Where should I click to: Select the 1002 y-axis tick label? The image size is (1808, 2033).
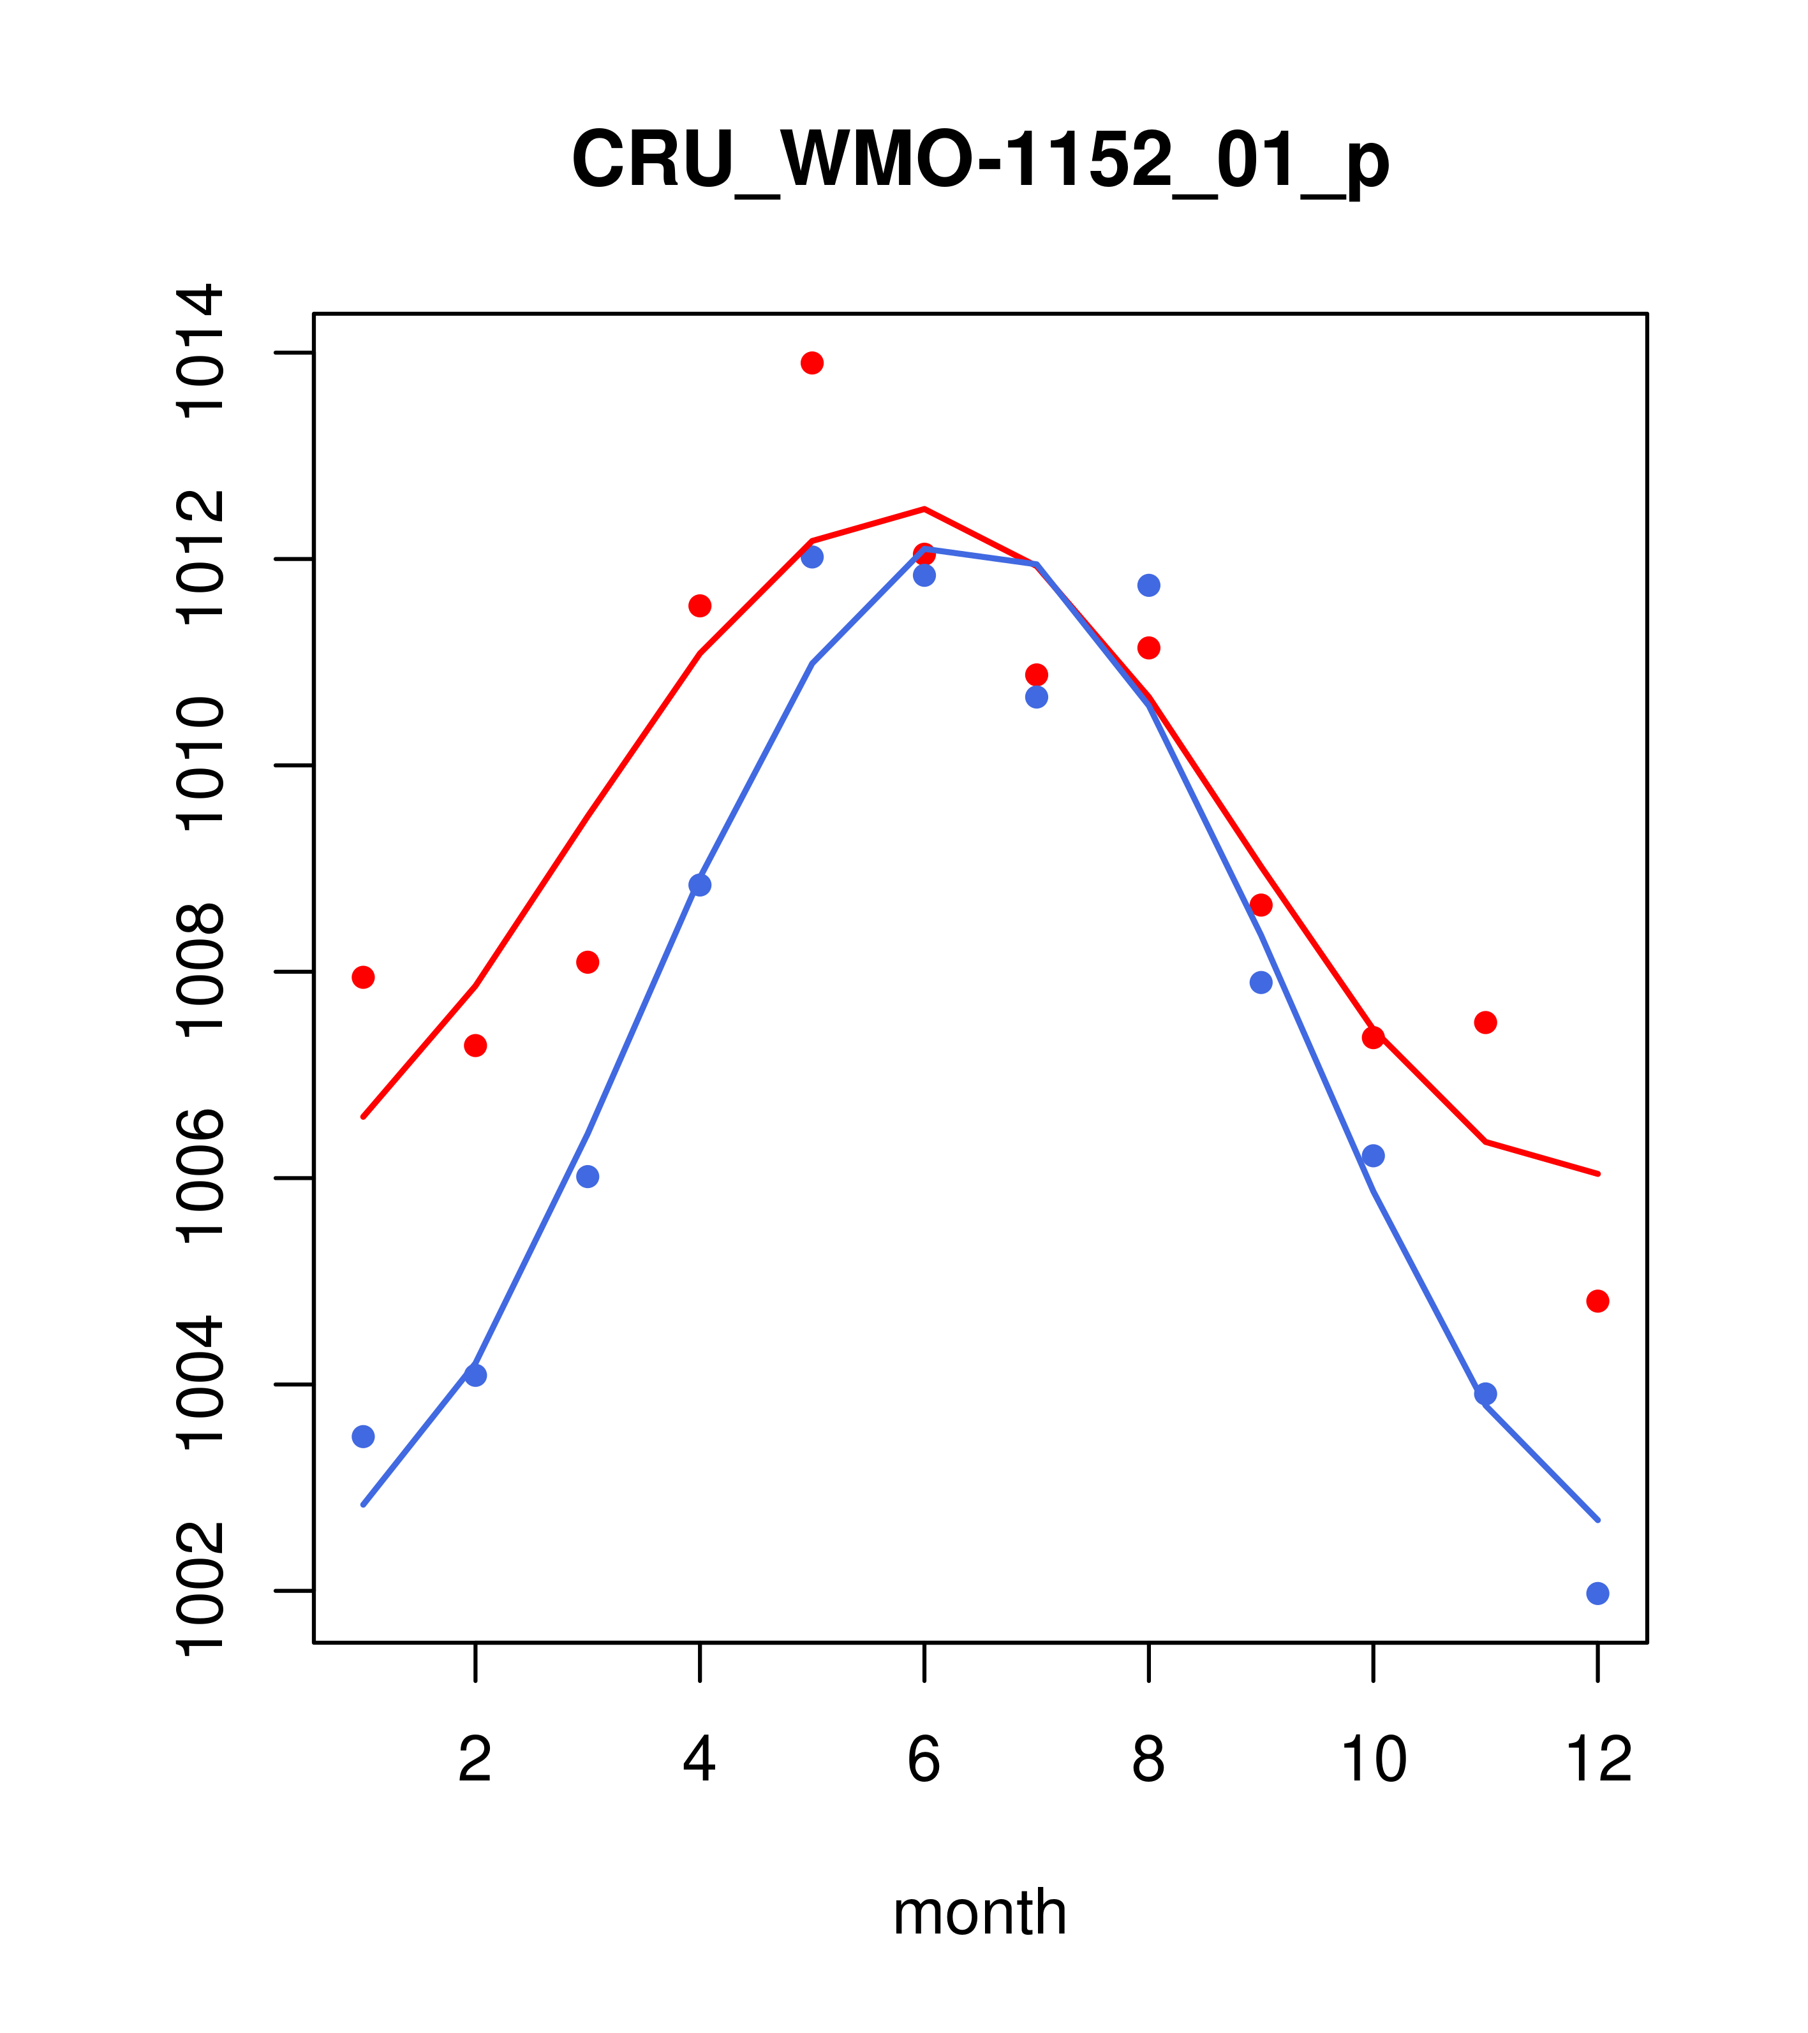[x=199, y=1590]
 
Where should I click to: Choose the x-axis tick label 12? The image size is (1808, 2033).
[x=1597, y=1761]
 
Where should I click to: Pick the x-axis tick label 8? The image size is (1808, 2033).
[x=1148, y=1761]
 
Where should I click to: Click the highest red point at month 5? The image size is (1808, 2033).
[x=812, y=362]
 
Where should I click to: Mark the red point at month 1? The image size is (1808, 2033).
[x=363, y=977]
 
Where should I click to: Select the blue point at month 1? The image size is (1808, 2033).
[x=363, y=1436]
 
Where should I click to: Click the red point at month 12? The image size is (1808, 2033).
[x=1597, y=1301]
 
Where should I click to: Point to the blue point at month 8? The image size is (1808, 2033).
[x=1148, y=585]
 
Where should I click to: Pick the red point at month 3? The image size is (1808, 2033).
[x=587, y=962]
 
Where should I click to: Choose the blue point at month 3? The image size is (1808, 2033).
[x=587, y=1177]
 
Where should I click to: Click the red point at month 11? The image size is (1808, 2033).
[x=1485, y=1022]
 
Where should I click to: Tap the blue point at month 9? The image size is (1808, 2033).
[x=1261, y=983]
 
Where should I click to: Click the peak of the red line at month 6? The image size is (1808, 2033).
[x=924, y=510]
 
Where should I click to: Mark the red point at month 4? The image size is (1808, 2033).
[x=699, y=606]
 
